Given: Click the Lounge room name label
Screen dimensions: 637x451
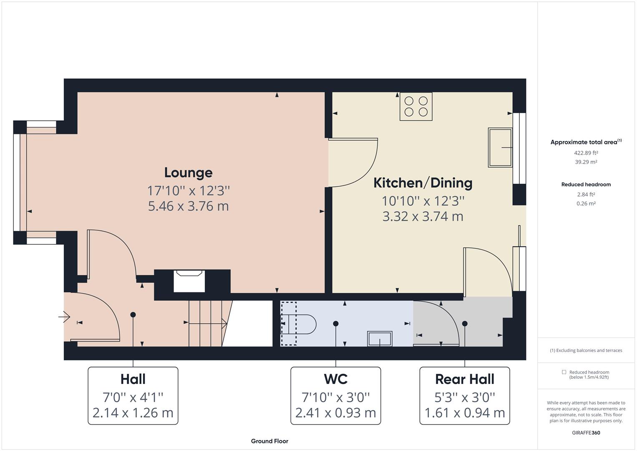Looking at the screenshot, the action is click(x=188, y=173).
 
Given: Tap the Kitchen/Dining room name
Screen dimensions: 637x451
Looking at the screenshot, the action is click(x=423, y=183).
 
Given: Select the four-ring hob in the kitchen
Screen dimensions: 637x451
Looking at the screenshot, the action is click(x=416, y=106).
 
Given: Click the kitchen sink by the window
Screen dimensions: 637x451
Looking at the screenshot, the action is click(x=500, y=147).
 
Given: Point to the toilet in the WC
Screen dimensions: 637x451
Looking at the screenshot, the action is click(x=299, y=324).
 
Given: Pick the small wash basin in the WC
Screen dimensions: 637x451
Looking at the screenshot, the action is click(x=380, y=339).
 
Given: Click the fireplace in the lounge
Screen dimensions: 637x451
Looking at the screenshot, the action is click(x=189, y=281).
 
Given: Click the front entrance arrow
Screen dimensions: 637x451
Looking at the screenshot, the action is click(x=64, y=317).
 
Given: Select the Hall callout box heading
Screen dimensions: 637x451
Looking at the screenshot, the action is click(x=133, y=379).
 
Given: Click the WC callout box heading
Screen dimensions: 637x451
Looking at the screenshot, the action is click(x=335, y=379).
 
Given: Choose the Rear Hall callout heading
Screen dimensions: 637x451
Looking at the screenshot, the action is click(x=465, y=379).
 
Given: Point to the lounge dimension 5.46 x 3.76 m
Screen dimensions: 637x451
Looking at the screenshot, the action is click(x=188, y=206).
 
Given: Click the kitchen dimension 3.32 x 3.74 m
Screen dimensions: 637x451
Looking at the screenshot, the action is click(x=423, y=216).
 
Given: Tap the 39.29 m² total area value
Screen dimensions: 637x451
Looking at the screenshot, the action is click(x=586, y=162).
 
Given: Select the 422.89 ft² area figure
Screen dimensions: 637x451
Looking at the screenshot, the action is click(x=586, y=153).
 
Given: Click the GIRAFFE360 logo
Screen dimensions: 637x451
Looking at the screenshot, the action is click(x=586, y=433).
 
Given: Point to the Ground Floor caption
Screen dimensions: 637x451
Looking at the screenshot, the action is click(x=269, y=441).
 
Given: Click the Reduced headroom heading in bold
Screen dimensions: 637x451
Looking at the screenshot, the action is click(x=586, y=185).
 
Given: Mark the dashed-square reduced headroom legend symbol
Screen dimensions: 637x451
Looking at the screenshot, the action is click(x=564, y=372).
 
